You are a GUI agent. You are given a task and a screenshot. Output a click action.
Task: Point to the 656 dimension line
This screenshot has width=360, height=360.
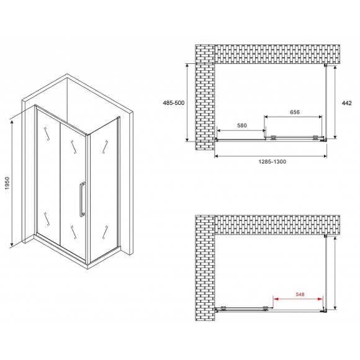tap(293, 117)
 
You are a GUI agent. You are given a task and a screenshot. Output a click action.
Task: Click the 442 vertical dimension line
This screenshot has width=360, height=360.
tap(335, 102)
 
